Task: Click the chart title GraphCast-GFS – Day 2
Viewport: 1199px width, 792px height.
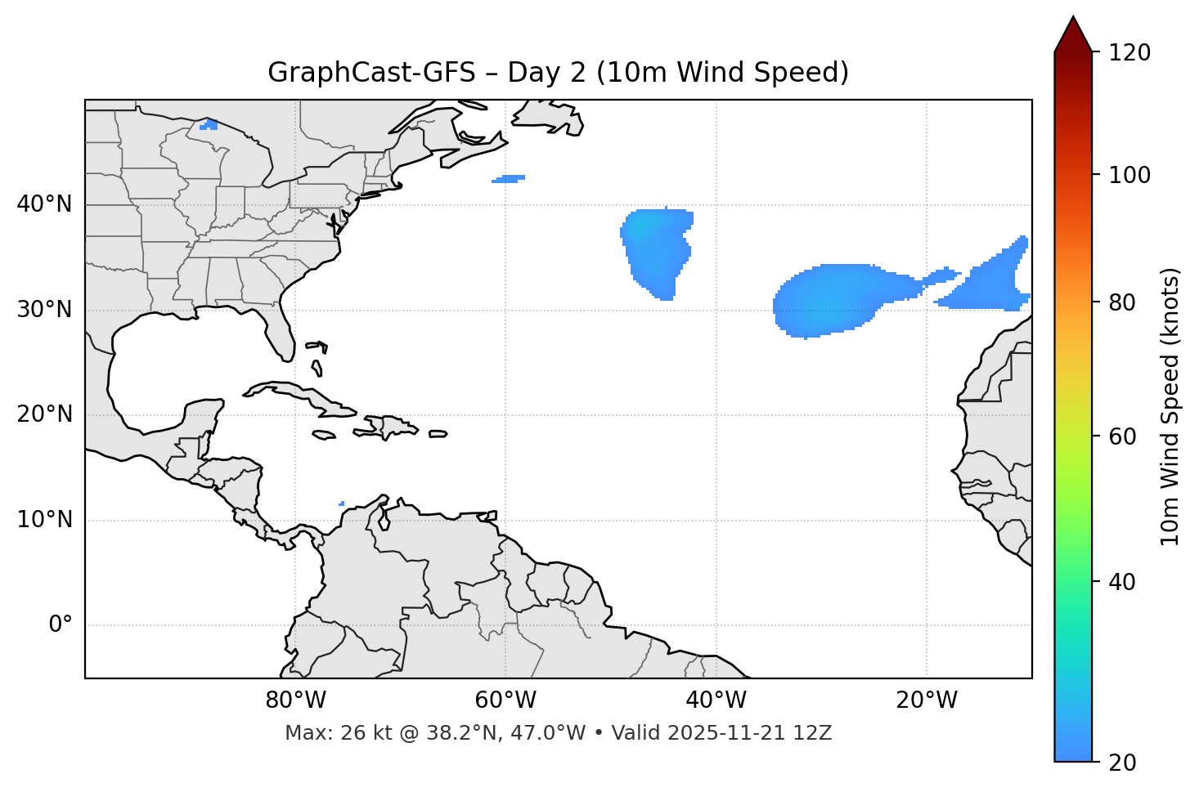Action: [558, 73]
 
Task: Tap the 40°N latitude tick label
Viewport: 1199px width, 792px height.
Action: [44, 204]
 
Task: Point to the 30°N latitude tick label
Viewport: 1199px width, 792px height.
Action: [44, 310]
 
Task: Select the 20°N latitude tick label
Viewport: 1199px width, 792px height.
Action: [44, 414]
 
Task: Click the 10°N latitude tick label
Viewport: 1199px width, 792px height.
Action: [44, 520]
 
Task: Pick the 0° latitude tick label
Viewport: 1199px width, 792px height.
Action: [61, 625]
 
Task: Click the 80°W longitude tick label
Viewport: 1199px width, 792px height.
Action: [295, 700]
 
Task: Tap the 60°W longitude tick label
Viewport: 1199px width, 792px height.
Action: [505, 700]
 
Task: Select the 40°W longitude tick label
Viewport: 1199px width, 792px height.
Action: [716, 700]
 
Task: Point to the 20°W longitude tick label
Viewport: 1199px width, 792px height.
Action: [926, 700]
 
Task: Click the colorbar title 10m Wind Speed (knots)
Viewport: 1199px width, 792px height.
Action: [1170, 406]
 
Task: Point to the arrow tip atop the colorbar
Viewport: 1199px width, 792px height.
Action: [1073, 18]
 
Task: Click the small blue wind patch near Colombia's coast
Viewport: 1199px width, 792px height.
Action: [341, 503]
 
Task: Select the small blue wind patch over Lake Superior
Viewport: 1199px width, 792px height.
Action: [209, 125]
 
